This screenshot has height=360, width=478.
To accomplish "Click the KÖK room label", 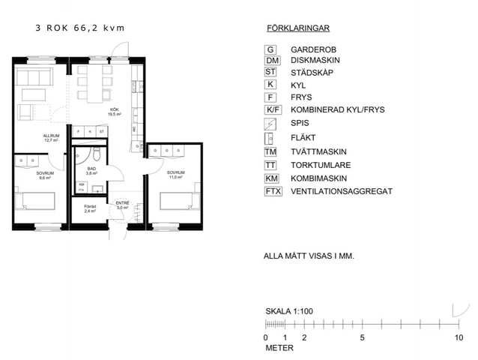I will pyautogui.click(x=115, y=112).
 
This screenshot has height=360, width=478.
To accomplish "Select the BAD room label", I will pyautogui.click(x=91, y=171).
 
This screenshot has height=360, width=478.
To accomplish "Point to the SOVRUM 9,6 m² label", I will pyautogui.click(x=45, y=175).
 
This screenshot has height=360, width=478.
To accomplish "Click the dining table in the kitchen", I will pyautogui.click(x=93, y=85).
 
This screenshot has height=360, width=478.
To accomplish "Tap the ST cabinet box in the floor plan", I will pyautogui.click(x=101, y=132).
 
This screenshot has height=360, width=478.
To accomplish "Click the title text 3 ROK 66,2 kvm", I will pyautogui.click(x=79, y=28).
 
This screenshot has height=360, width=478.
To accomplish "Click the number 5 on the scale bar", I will pyautogui.click(x=362, y=337).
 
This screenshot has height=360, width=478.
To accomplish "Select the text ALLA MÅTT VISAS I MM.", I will pyautogui.click(x=309, y=256).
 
